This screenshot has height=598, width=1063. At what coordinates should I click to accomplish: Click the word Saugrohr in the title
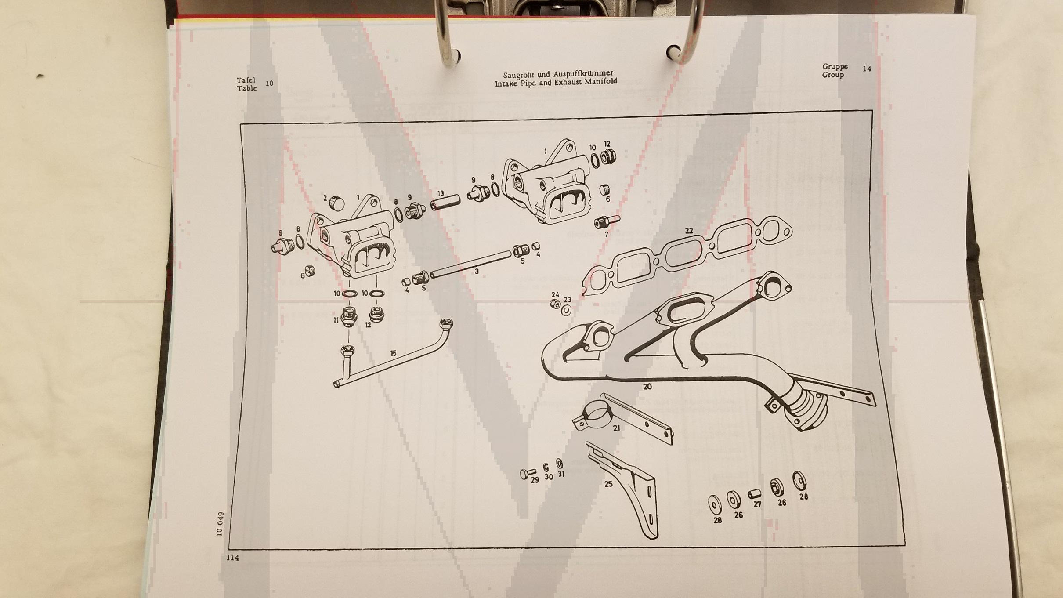coord(519,75)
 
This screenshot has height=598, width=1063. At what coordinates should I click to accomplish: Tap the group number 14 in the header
coord(867,69)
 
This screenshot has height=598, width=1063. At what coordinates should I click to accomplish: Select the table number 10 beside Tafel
coord(269,83)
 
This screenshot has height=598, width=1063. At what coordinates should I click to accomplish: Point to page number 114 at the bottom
coord(232,558)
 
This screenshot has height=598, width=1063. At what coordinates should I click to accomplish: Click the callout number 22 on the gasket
coord(689,230)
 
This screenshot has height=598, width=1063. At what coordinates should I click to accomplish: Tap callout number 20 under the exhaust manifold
coord(647,387)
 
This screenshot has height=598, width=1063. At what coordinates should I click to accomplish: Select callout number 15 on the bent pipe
coord(393,353)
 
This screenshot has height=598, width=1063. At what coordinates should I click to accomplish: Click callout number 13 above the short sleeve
coord(441,193)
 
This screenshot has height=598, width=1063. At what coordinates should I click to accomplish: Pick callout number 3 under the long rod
coord(477,272)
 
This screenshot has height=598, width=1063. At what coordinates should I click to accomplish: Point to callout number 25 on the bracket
coord(608,484)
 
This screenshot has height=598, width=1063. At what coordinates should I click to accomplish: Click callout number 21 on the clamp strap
coord(617,428)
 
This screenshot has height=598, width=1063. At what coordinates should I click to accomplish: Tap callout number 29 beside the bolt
coord(535,480)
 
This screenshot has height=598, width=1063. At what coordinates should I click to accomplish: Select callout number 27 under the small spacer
coord(757,504)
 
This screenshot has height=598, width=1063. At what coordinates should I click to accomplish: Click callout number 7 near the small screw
coord(607,234)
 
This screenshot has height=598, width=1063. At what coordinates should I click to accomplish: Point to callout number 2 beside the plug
coord(325,198)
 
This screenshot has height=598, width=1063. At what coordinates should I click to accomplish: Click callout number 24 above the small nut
coord(555,294)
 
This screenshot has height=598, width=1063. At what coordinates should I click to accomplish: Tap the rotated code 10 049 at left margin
coord(220,524)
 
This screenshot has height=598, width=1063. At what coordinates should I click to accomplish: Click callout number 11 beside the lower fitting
coord(336,320)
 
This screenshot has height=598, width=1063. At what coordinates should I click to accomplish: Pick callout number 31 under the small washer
coord(561,474)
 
